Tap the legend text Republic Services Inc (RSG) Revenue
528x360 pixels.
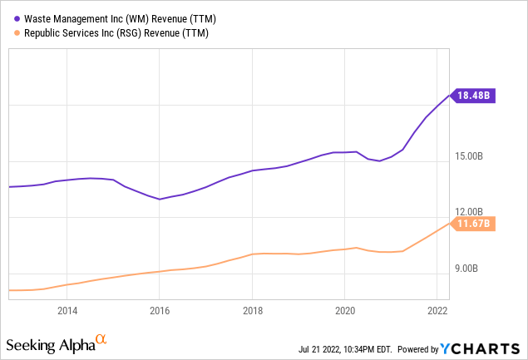(x=112, y=33)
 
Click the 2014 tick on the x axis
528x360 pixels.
(x=67, y=310)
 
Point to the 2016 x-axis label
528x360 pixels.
(x=160, y=310)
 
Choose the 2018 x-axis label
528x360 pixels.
(x=253, y=310)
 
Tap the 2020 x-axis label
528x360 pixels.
(x=345, y=310)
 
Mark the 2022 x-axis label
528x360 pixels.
(x=437, y=310)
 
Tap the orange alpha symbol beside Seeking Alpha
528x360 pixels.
(x=101, y=339)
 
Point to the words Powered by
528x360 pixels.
(x=423, y=347)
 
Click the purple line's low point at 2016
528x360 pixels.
(x=160, y=200)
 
